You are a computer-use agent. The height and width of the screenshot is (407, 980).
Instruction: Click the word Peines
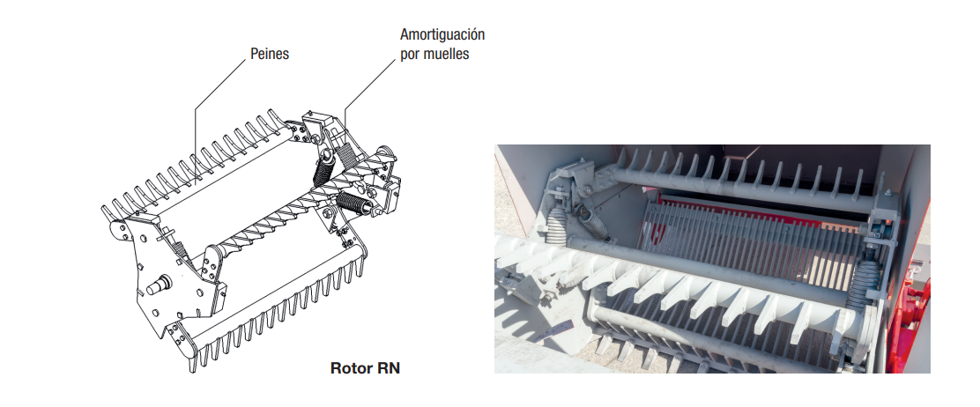[x=270, y=54]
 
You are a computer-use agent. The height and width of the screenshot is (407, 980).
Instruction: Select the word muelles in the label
[x=447, y=54]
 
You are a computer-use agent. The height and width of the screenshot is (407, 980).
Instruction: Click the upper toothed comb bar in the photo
[x=740, y=181]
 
